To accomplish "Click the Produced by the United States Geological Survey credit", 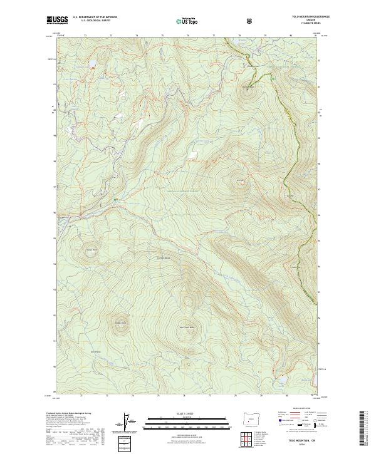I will [69, 413].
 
